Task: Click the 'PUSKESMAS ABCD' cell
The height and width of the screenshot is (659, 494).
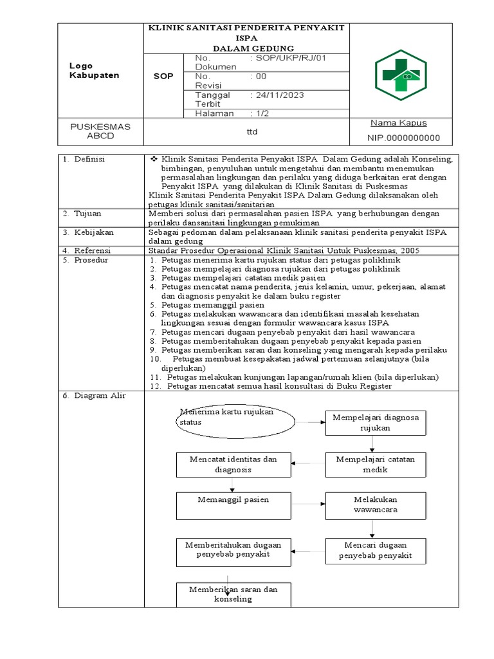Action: click(x=100, y=131)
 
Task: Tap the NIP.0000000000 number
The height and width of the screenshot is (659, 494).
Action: click(x=403, y=138)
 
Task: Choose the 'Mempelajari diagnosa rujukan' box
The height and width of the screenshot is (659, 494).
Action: click(x=375, y=422)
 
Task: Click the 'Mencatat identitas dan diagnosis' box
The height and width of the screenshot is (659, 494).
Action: click(x=233, y=464)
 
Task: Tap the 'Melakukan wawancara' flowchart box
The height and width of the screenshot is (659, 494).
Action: click(x=375, y=505)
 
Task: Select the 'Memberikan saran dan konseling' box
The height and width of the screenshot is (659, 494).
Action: click(x=233, y=594)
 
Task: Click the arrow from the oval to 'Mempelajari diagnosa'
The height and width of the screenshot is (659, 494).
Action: click(x=310, y=422)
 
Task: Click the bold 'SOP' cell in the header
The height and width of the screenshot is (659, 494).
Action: click(x=163, y=76)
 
